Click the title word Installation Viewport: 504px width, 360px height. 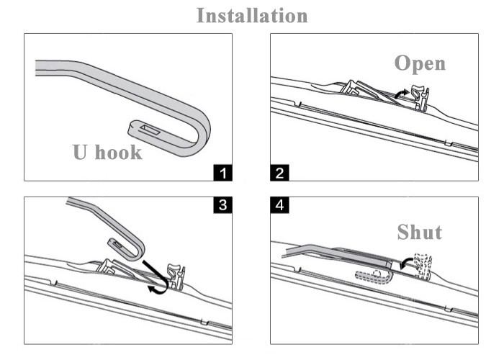(252, 15)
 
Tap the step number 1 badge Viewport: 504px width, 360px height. (224, 172)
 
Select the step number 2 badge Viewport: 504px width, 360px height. (279, 172)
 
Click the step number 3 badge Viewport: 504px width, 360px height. (224, 205)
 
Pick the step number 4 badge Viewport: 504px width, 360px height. (279, 205)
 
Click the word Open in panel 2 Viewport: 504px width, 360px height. (420, 63)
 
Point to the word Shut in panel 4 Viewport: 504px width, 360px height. (420, 232)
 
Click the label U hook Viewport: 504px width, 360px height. (107, 152)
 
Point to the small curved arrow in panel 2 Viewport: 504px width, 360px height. (401, 94)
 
